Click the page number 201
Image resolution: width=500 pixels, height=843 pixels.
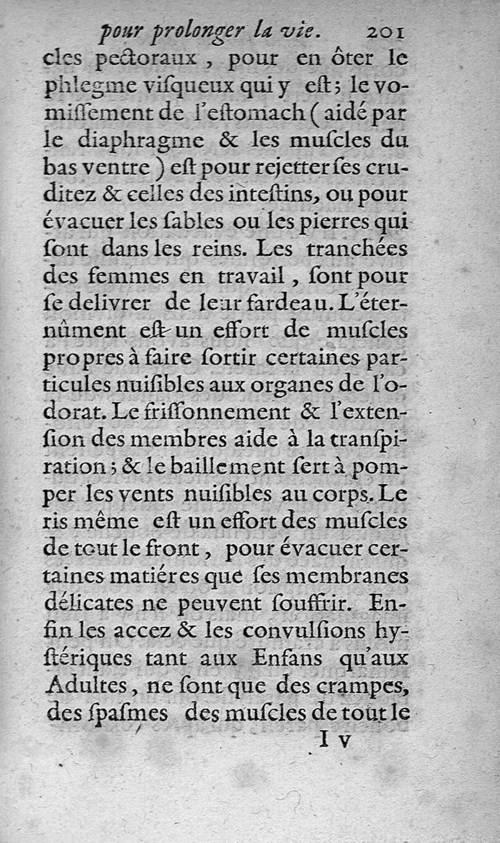tap(387, 32)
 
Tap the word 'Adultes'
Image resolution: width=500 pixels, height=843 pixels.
tap(84, 686)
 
